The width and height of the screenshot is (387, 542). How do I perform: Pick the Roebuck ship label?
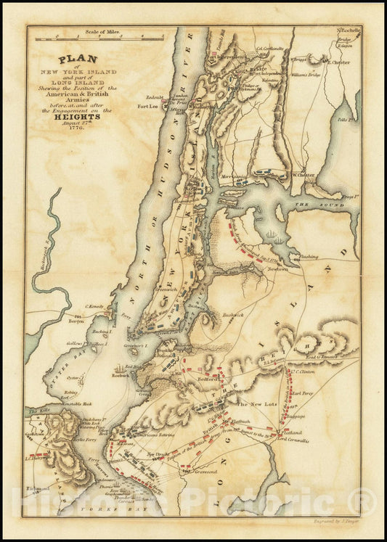(x=121, y=376)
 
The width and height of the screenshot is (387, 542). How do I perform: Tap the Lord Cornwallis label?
(x=293, y=440)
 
